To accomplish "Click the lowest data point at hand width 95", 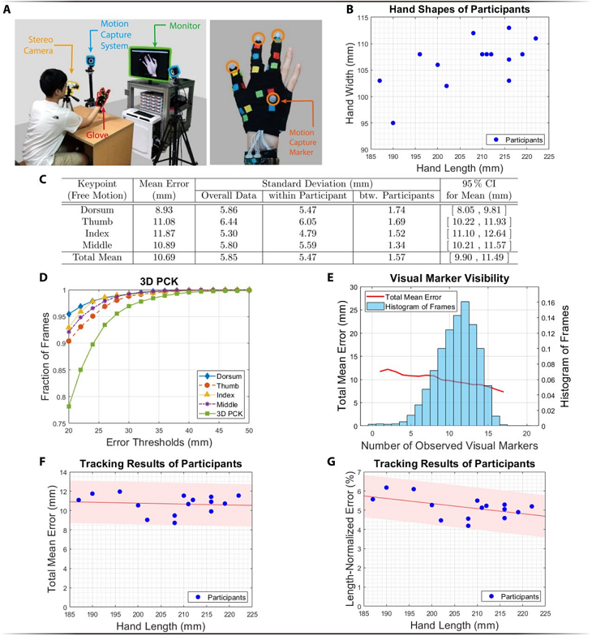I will pyautogui.click(x=393, y=123).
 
